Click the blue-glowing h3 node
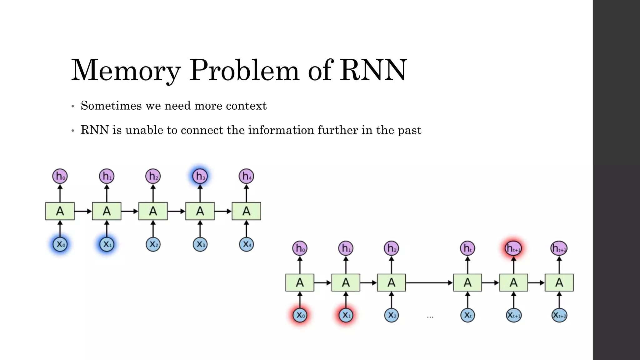(x=200, y=176)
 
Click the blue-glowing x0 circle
(x=60, y=244)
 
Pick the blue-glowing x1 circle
(x=107, y=244)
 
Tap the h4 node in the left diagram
(x=246, y=176)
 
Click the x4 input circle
(x=246, y=244)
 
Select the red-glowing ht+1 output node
(x=513, y=248)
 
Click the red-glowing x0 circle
(x=300, y=315)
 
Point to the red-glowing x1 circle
(x=346, y=315)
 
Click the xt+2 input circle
(x=559, y=315)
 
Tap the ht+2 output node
(x=559, y=248)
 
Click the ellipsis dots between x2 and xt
(x=430, y=317)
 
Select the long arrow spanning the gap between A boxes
(x=429, y=283)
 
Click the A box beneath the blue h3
(x=200, y=211)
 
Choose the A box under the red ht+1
(x=513, y=283)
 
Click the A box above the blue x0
(x=60, y=211)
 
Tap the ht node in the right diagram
(x=467, y=248)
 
